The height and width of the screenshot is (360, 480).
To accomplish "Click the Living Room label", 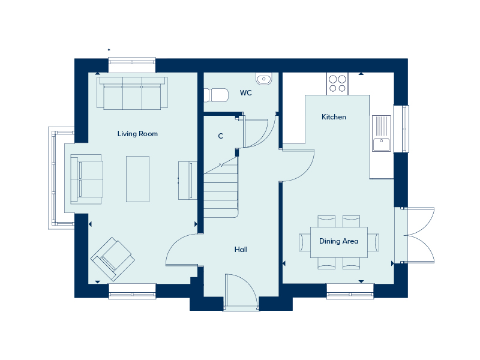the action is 137,134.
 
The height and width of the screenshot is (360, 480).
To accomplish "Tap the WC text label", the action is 246,93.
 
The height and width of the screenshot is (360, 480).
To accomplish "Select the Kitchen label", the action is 334,117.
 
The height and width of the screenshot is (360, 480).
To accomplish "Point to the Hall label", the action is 241,250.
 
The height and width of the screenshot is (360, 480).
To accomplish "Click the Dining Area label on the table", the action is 338,241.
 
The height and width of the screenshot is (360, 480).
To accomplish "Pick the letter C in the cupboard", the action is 221,136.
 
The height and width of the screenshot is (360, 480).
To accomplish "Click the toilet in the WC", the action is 216,95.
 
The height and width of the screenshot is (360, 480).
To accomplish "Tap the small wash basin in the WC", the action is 263,79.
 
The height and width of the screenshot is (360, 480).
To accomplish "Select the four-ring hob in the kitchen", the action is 337,84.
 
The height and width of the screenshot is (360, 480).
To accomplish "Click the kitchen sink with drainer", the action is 382,133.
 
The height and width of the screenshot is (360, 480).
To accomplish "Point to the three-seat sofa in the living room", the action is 132,93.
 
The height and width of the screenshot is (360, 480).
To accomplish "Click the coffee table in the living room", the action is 138,179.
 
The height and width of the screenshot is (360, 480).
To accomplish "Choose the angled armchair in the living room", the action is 113,259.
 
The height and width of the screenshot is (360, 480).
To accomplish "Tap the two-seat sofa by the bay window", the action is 86,179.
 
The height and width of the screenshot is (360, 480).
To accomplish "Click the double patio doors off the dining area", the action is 418,235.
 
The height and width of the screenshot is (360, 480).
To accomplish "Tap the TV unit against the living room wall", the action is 188,181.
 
